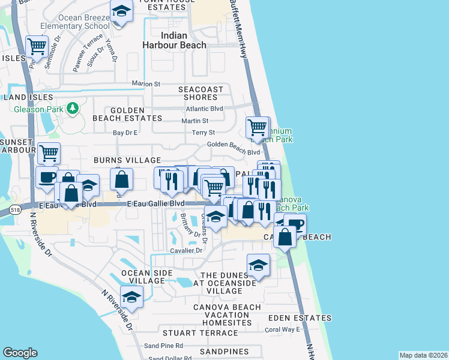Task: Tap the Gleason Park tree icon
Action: pyautogui.click(x=73, y=108)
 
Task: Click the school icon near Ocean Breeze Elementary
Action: pyautogui.click(x=121, y=11)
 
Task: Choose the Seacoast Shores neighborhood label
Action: pyautogui.click(x=200, y=93)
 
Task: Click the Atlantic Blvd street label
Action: pyautogui.click(x=204, y=109)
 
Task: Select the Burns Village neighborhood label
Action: pyautogui.click(x=127, y=160)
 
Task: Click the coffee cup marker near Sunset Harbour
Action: pyautogui.click(x=47, y=177)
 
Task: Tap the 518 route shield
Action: pyautogui.click(x=16, y=211)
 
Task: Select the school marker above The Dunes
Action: pyautogui.click(x=258, y=265)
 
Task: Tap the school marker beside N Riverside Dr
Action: pyautogui.click(x=131, y=296)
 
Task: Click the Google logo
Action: pyautogui.click(x=20, y=353)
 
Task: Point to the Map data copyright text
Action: pyautogui.click(x=423, y=355)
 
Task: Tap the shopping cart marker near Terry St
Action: pyautogui.click(x=257, y=127)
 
